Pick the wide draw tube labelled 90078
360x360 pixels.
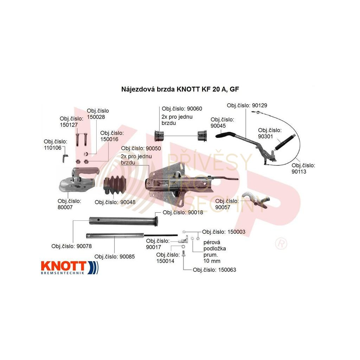(x=123, y=221)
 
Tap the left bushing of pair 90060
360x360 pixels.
(x=160, y=134)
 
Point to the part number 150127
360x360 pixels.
(x=69, y=125)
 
